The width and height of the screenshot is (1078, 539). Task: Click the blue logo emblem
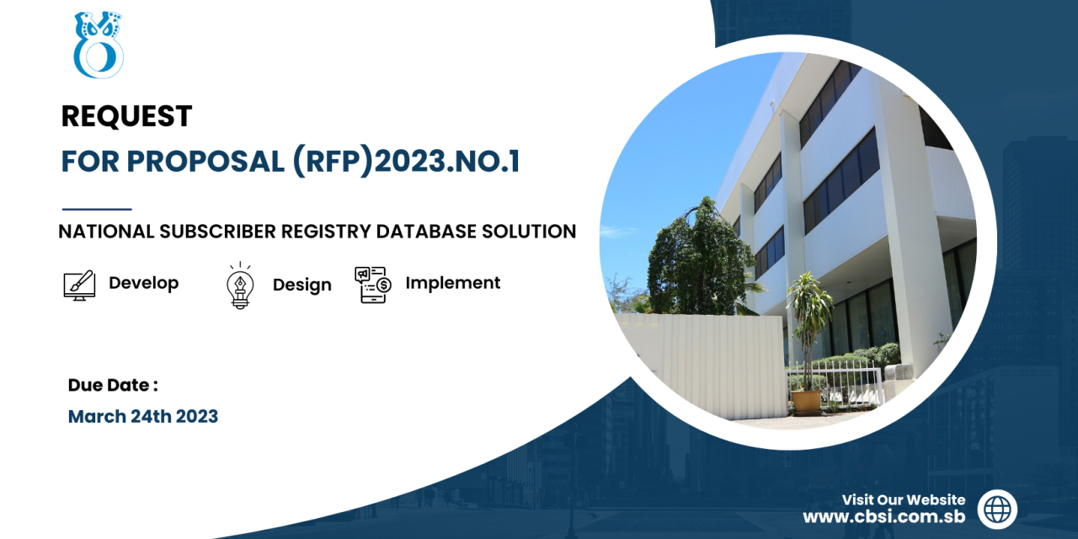coord(99,45)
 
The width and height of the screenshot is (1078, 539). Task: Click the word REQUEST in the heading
coord(126,116)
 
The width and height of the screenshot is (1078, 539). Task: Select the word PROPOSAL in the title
coord(205,161)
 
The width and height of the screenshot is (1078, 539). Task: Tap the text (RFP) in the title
coord(333,162)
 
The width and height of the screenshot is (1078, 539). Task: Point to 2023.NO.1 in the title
coord(447,161)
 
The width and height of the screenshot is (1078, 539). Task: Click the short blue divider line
coord(97,210)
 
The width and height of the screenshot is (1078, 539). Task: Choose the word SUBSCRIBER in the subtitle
coord(217,232)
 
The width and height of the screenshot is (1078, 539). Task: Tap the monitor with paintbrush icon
coord(79,286)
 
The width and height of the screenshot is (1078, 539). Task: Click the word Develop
coord(143,283)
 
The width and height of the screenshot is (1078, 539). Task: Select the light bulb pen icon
coord(240,286)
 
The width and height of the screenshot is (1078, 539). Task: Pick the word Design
coord(302,285)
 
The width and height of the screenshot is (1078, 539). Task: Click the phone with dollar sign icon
coord(373,285)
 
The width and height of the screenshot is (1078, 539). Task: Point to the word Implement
coord(453,283)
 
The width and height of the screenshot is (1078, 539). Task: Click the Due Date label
coord(113,385)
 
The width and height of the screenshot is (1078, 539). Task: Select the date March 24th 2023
coord(143,416)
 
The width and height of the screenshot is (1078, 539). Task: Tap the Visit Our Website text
coord(904,499)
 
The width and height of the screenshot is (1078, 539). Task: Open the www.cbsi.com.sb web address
coord(884,517)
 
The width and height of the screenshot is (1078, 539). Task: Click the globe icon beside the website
coord(997,510)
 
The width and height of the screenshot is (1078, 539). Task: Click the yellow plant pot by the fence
coord(806,401)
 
